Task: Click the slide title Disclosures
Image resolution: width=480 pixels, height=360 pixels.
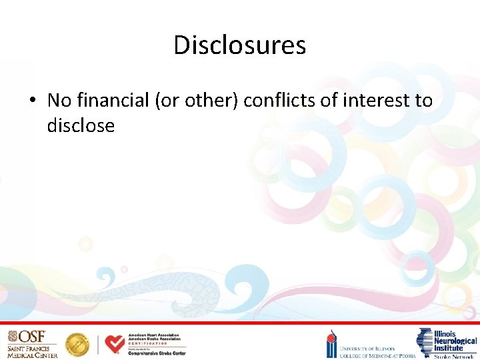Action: [239, 45]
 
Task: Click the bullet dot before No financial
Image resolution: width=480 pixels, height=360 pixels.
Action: [32, 101]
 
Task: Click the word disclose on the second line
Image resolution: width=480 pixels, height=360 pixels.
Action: [81, 125]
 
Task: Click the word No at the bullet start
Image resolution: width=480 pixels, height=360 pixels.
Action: [59, 100]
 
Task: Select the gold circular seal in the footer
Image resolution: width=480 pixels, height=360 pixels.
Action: [77, 344]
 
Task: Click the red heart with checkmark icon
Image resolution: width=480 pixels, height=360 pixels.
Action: [115, 343]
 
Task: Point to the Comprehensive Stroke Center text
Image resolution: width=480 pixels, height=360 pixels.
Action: [157, 353]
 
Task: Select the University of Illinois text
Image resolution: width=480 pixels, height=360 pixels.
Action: [367, 348]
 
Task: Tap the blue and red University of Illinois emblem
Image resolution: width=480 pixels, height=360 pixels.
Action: [331, 345]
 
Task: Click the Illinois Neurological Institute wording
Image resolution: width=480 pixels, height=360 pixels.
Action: [455, 340]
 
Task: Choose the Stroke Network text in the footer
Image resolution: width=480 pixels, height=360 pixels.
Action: [455, 356]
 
